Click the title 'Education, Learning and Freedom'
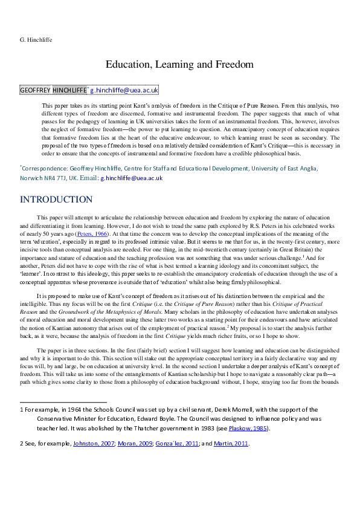pos(179,63)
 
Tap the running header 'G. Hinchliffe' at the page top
pos(36,40)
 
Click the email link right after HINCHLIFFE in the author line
pos(124,90)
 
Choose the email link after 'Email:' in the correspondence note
pos(132,178)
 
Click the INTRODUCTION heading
pos(56,199)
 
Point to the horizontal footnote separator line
pos(63,401)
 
